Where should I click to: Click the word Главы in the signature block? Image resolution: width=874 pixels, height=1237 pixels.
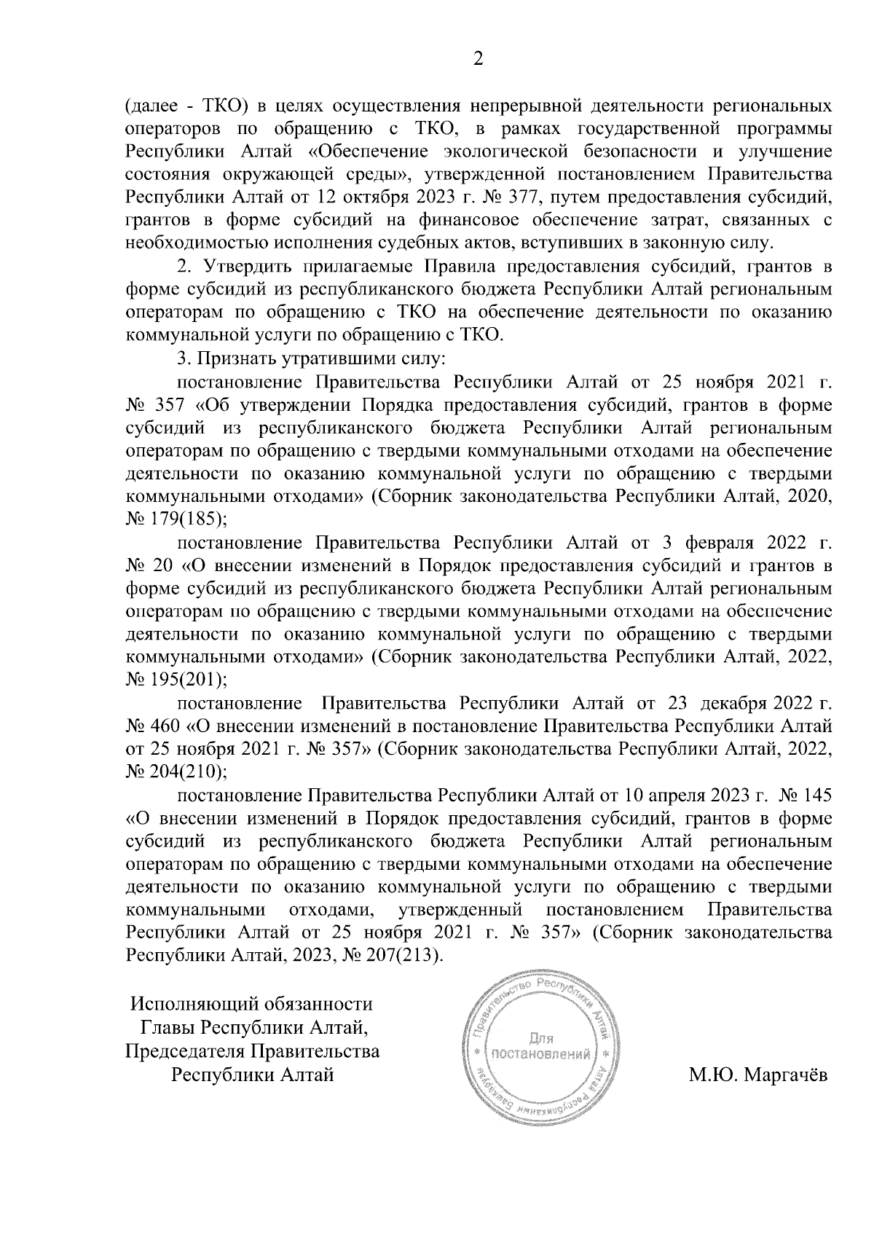(168, 1028)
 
